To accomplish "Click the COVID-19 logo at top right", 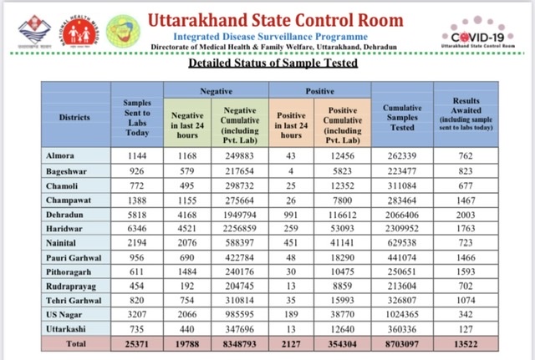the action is point(478,33).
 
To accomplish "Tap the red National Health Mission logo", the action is point(79,32).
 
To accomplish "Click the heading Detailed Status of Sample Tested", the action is point(273,63).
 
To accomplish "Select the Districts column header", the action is point(74,118).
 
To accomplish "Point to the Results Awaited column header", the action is point(466,114).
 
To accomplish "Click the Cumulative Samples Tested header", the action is point(402,118).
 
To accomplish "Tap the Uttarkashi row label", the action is point(66,329).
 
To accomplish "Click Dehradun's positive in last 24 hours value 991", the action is point(291,215).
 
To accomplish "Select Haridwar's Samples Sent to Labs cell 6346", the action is point(137,228).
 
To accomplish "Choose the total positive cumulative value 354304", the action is point(342,344).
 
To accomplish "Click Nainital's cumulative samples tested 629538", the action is point(402,243).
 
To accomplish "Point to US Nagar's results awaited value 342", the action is point(466,314).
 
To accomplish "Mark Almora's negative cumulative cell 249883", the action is point(240,156).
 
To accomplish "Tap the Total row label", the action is point(76,343).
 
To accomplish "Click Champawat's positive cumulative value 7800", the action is point(342,200).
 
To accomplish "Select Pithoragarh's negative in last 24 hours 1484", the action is point(187,271).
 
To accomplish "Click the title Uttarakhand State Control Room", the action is point(276,20).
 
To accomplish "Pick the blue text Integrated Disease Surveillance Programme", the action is point(271,37).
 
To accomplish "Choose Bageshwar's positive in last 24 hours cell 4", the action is point(291,171).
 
